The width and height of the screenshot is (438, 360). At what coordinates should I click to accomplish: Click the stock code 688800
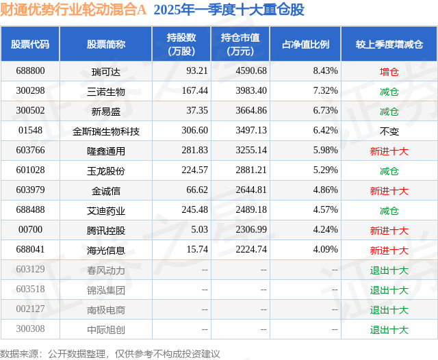(x=30, y=70)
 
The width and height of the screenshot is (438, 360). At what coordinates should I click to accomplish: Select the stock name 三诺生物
(x=106, y=91)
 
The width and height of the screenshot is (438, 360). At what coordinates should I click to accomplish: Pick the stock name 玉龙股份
(x=106, y=171)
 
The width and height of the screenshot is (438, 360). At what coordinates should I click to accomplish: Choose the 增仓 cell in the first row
(x=389, y=70)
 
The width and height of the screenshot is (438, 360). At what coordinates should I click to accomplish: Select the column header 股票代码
(x=30, y=44)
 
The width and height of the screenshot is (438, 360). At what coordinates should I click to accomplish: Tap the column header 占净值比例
(x=306, y=44)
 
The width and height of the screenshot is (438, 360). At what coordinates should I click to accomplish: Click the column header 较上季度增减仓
(x=389, y=44)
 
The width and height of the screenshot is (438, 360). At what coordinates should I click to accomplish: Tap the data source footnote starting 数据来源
(x=110, y=353)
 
